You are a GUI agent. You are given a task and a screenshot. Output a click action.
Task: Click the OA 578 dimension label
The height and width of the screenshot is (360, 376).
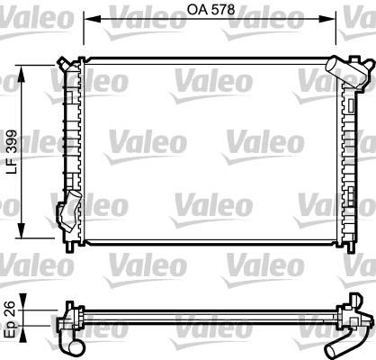point(210,10)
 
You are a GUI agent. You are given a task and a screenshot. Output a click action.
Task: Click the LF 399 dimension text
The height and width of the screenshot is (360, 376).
point(13,152)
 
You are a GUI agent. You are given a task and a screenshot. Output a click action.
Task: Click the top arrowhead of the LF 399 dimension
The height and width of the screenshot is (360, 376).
point(22,74)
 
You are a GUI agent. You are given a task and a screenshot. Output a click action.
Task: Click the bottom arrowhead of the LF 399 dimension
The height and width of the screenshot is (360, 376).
point(22,230)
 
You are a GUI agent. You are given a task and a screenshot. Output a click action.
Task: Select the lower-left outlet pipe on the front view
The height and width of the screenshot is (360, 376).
point(70,211)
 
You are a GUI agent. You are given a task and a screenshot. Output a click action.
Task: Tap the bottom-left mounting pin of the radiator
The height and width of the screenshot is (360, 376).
point(70,246)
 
